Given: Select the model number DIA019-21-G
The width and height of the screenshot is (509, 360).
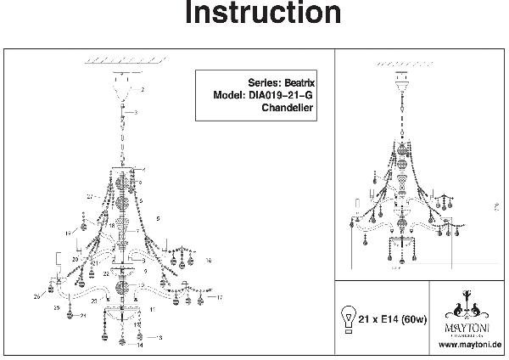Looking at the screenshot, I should click(282, 96).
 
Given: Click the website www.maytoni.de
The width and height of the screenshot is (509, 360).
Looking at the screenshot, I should click(473, 346).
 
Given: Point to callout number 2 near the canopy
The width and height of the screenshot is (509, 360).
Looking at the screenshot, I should click(143, 89).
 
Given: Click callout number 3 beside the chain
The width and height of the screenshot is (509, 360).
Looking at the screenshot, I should click(136, 113).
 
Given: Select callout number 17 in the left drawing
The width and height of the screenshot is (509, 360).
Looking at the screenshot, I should click(219, 297).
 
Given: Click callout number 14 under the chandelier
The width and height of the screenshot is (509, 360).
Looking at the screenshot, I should click(141, 346).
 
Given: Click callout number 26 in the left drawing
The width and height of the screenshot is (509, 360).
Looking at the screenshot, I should click(38, 298).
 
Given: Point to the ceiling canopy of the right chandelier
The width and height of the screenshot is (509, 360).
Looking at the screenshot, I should click(401, 81).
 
